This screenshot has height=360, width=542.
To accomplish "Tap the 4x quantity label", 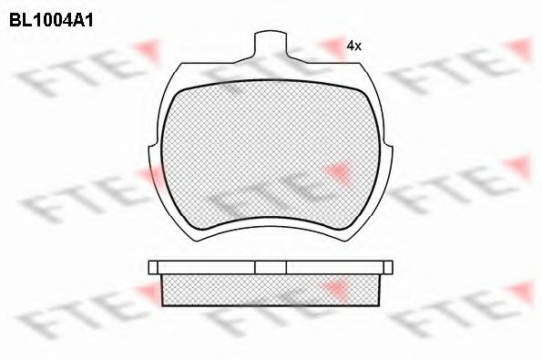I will (x=354, y=46).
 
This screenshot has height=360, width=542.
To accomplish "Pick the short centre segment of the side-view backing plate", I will (x=271, y=267).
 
